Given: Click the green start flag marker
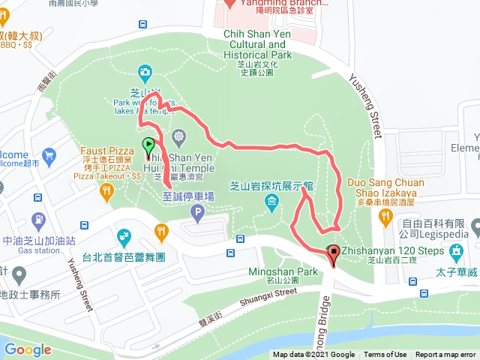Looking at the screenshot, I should tap(148, 145).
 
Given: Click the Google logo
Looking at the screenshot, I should tap(28, 349).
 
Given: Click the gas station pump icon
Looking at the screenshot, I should tap(38, 221).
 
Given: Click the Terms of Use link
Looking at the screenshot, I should tap(385, 355).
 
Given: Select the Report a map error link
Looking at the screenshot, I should tap(445, 355).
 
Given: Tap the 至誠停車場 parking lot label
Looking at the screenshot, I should tap(188, 196).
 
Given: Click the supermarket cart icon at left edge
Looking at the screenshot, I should tap(49, 157).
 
